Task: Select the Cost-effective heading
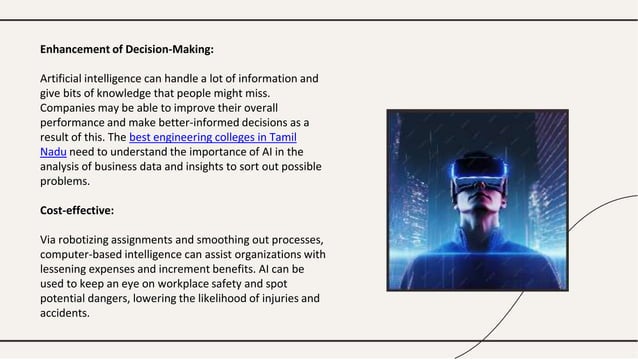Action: click(x=76, y=212)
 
